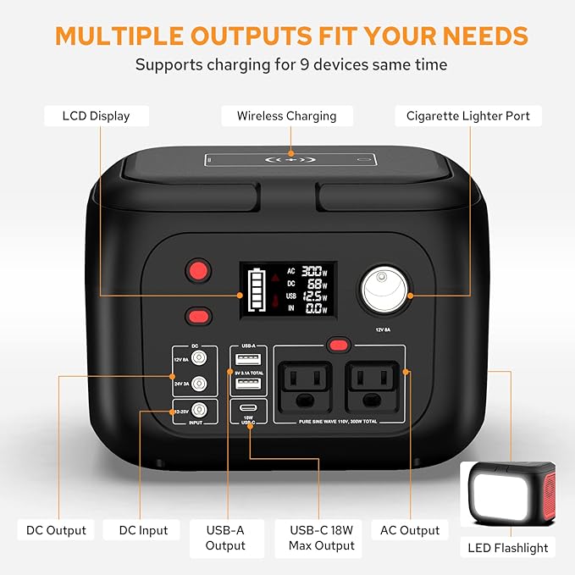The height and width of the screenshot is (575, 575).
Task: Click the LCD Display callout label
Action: pos(96,116)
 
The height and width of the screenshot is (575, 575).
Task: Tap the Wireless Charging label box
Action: pos(286,116)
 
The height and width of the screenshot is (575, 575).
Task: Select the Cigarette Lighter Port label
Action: pos(467,116)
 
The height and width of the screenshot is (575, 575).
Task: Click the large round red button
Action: pos(198,271)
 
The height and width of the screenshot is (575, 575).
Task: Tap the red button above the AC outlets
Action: pos(339,345)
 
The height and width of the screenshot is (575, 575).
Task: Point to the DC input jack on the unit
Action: pos(199,408)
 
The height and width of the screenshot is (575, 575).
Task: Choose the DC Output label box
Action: pos(55,530)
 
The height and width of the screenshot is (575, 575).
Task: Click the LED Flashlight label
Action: pos(507,547)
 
